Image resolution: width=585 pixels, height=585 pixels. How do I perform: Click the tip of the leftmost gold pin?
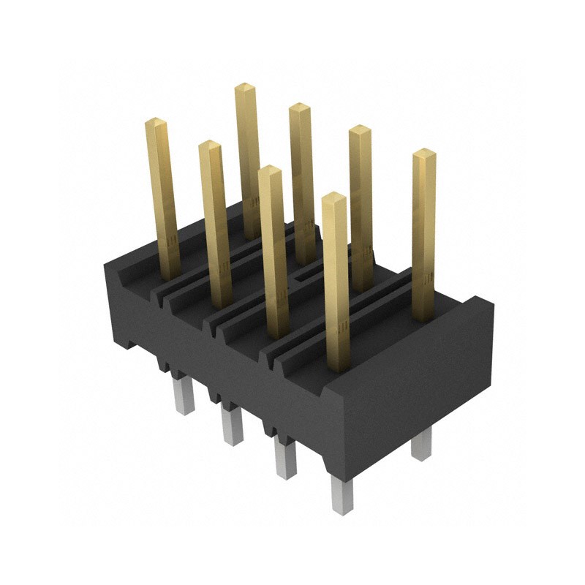tap(156, 121)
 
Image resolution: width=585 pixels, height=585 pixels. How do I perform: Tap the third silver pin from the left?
tap(284, 458)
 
